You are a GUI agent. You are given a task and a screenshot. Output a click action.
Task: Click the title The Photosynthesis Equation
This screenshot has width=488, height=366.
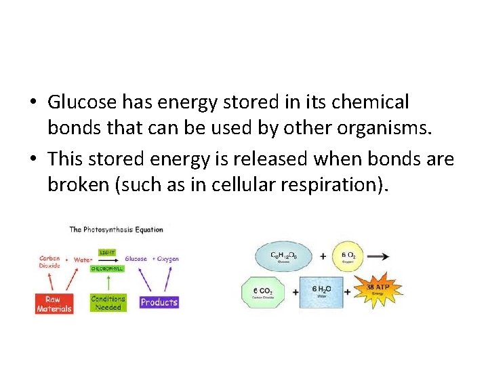point(116,229)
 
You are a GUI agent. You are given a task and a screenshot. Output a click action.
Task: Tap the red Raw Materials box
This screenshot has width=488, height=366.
point(54,304)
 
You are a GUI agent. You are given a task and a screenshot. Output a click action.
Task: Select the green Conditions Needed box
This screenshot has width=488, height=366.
point(108,303)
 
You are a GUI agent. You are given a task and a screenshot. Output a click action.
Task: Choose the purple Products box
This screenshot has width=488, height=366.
point(159,302)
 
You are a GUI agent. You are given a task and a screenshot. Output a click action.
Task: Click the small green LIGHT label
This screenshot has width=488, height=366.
point(108,252)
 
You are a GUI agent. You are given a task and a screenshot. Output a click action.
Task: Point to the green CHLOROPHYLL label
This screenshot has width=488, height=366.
point(108,268)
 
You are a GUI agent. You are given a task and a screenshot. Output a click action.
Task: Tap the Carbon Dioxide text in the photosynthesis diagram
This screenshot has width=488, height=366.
point(49,262)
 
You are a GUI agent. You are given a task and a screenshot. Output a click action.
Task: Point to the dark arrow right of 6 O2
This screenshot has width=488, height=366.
point(381,256)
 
